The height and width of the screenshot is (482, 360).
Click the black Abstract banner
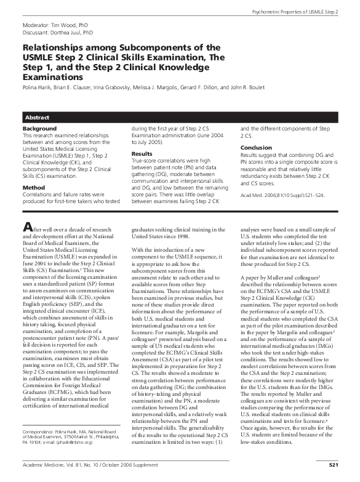pos(180,116)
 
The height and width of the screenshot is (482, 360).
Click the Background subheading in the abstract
pos(39,129)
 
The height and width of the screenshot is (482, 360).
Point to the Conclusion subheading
pos(256,148)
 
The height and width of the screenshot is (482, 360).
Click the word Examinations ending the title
pos(52,78)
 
